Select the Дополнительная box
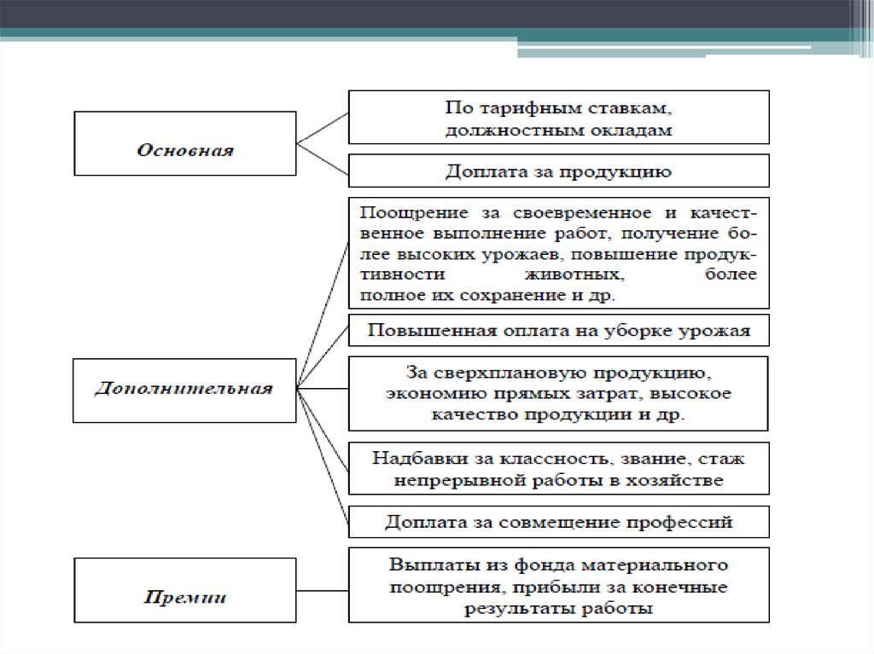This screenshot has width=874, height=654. pos(184,390)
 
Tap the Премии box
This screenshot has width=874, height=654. pos(185,596)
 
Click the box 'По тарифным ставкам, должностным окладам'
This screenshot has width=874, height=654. pos(558,118)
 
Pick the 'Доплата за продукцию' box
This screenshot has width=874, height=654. pos(558,171)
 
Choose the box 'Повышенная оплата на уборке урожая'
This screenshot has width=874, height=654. pos(558,331)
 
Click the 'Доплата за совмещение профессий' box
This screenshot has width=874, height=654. pos(558,521)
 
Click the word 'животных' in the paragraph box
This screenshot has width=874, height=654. pos(580,275)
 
